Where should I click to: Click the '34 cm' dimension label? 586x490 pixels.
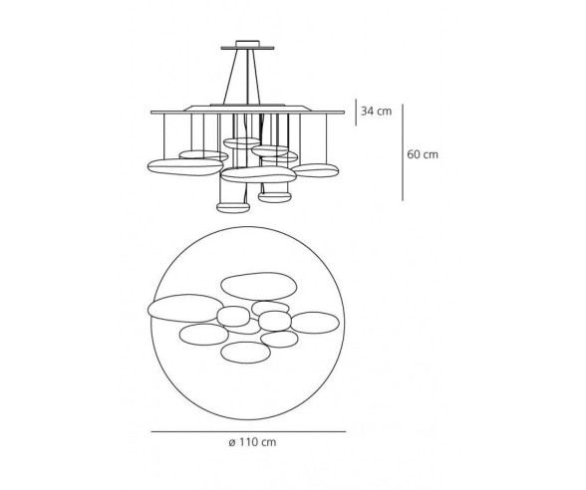click(x=377, y=112)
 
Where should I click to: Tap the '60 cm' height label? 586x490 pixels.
click(x=423, y=154)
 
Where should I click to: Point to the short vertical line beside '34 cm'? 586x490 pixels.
click(x=357, y=112)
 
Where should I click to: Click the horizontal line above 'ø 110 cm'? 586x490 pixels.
click(x=248, y=431)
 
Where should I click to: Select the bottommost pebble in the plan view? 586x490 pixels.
click(x=245, y=353)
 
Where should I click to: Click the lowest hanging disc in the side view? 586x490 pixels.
click(x=233, y=207)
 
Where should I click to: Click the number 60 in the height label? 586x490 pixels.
click(x=416, y=154)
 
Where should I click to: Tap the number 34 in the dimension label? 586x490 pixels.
click(x=369, y=112)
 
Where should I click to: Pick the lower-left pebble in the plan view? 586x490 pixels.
click(x=202, y=336)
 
